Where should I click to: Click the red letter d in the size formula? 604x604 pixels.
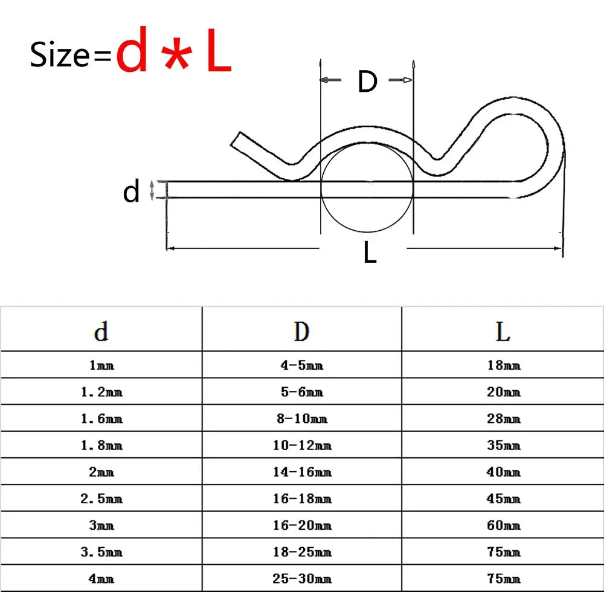coord(132,50)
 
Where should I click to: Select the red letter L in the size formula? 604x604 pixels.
coord(219,50)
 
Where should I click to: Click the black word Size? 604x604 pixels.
coord(60,55)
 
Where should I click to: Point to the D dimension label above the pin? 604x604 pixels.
coord(367,82)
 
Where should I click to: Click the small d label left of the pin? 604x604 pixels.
coord(131,191)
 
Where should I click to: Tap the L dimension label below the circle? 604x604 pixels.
coord(370,252)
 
